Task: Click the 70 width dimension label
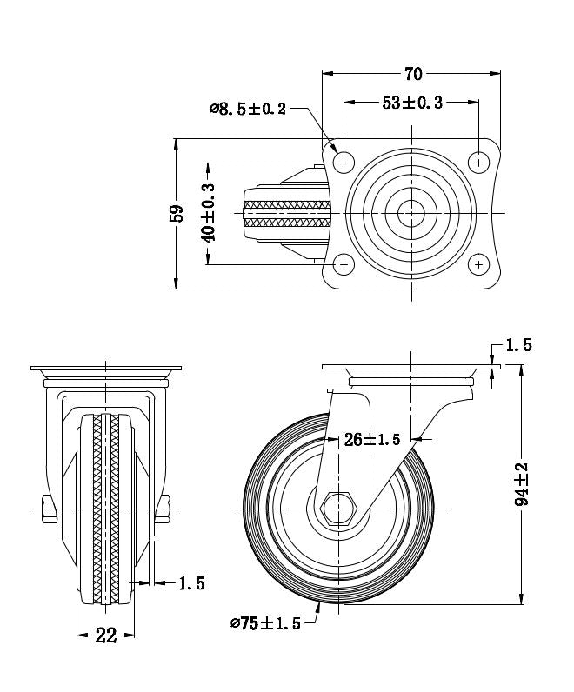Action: tap(413, 73)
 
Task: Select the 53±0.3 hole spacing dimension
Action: tap(412, 103)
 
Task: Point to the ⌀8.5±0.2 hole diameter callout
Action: tap(248, 109)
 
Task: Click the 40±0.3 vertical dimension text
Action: tap(208, 213)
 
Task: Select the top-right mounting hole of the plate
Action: tap(479, 163)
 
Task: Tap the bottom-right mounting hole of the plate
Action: tap(479, 263)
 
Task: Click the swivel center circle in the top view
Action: tap(411, 213)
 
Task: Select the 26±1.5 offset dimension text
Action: tap(371, 439)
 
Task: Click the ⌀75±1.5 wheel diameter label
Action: tap(265, 623)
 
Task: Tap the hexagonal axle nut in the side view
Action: tap(338, 507)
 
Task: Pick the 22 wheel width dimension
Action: tap(105, 635)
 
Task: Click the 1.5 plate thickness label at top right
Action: tap(518, 344)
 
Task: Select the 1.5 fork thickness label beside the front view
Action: tap(191, 584)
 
